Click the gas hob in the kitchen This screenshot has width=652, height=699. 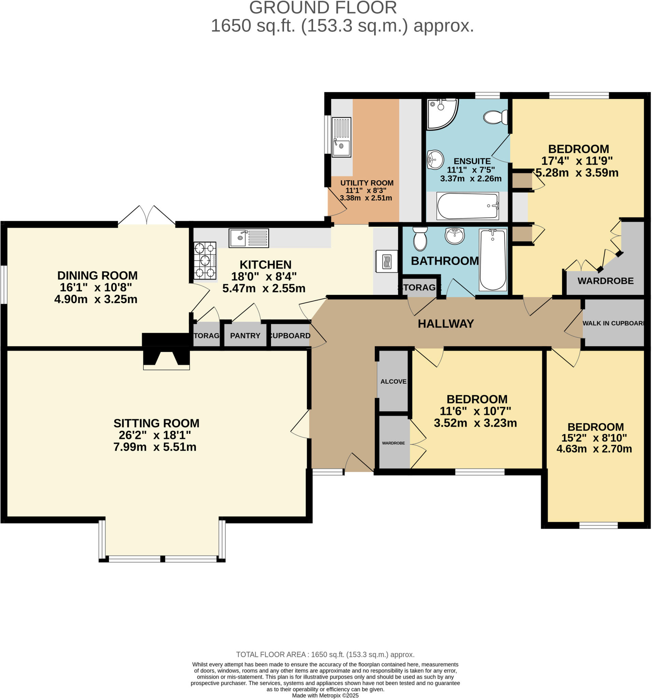[x=205, y=260]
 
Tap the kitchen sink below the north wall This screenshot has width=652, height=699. [x=249, y=238]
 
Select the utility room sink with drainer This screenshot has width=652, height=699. [x=341, y=137]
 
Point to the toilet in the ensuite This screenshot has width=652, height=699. [x=496, y=117]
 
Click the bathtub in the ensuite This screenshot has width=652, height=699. [x=467, y=206]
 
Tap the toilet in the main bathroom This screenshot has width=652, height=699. [x=420, y=239]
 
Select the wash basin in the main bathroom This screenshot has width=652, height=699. [x=454, y=235]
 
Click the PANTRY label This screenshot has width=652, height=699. [x=245, y=336]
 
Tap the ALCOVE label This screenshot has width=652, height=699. [x=393, y=382]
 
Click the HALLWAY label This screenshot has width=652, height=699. [x=445, y=324]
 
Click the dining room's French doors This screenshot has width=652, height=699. [x=146, y=215]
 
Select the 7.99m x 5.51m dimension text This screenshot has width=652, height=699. [x=155, y=447]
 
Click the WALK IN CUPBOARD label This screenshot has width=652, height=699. [x=613, y=323]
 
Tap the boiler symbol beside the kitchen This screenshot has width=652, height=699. [x=386, y=261]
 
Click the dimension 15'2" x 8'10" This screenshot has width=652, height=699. [x=594, y=438]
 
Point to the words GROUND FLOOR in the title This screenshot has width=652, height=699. [x=323, y=8]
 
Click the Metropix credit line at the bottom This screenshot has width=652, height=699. [x=325, y=696]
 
